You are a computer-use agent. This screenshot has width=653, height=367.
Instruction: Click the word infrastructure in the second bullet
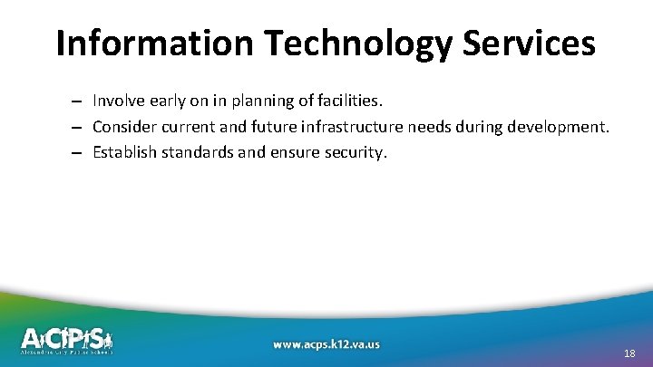pyautogui.click(x=336, y=126)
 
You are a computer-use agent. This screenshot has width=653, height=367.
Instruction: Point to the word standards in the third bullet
pyautogui.click(x=196, y=151)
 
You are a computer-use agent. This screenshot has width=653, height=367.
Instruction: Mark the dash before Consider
pyautogui.click(x=79, y=127)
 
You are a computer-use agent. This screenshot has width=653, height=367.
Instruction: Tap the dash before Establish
pyautogui.click(x=79, y=152)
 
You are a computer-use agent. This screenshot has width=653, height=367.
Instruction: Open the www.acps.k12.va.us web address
pyautogui.click(x=326, y=344)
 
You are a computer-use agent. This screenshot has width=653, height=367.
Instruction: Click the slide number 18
pyautogui.click(x=629, y=353)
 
